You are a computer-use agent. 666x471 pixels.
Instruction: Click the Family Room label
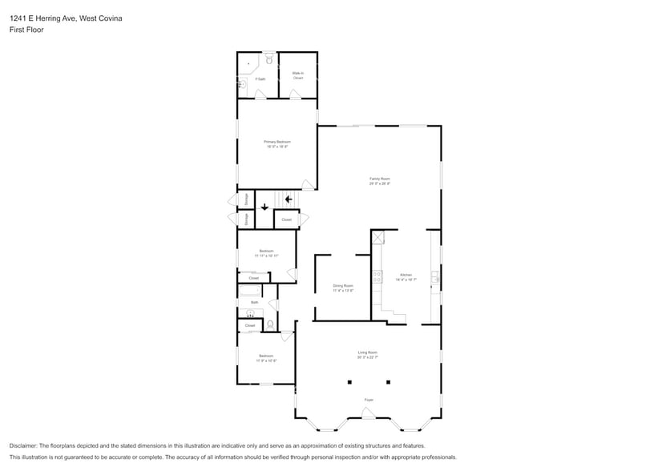click(x=379, y=180)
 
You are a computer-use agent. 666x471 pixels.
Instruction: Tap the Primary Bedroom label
click(x=276, y=144)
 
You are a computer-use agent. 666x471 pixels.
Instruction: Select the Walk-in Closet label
click(x=297, y=75)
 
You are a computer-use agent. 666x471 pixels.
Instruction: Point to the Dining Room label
click(x=343, y=288)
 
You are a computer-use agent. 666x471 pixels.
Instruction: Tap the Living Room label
click(x=367, y=355)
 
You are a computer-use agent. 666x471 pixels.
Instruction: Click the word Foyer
click(x=369, y=400)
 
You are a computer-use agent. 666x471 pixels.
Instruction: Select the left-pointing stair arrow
click(x=288, y=200)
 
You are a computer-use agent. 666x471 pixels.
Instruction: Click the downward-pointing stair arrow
click(x=264, y=207)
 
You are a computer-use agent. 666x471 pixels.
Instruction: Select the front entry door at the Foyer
click(x=368, y=413)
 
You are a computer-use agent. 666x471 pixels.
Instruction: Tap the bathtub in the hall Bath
click(x=250, y=290)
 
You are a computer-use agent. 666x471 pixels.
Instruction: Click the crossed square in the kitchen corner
click(x=378, y=237)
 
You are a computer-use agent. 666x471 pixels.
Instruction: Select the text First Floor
click(x=26, y=30)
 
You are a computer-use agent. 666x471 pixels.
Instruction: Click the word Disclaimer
click(x=24, y=445)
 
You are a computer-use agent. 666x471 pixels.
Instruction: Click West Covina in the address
click(x=101, y=18)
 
